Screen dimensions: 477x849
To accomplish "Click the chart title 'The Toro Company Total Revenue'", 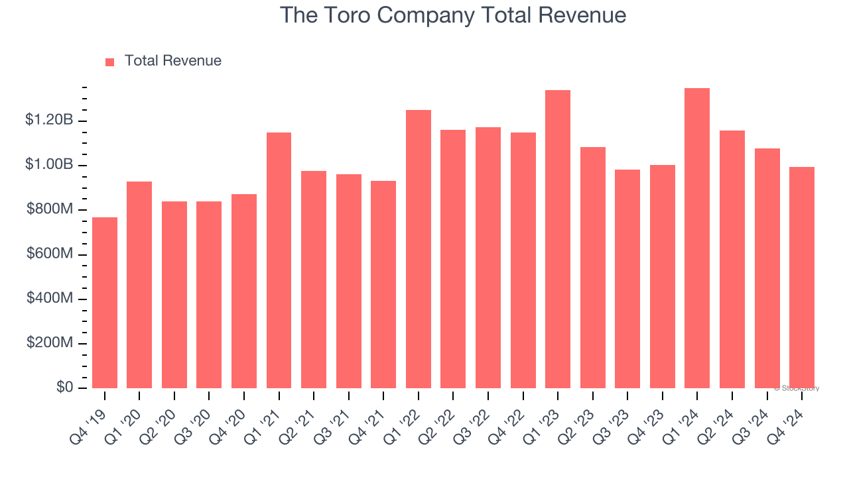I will click(x=453, y=15).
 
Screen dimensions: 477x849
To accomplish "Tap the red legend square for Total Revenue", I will click(x=110, y=62).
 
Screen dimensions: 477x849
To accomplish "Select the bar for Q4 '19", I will click(x=105, y=303).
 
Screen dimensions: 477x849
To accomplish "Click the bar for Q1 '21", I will click(x=279, y=260).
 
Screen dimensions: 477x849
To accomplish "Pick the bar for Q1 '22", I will click(x=418, y=249).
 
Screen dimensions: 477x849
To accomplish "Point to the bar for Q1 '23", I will click(x=557, y=239).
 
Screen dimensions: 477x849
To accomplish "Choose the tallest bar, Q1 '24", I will click(x=696, y=238).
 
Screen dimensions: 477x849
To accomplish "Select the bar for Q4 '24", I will click(x=801, y=278).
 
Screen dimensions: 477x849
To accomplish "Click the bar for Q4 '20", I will click(x=244, y=291).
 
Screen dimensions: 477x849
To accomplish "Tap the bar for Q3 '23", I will click(x=627, y=279).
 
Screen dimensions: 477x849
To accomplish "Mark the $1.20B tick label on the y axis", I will click(x=49, y=120).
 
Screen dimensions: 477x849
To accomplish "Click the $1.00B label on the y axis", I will click(x=49, y=164).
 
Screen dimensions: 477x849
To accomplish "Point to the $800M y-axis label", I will click(x=50, y=209).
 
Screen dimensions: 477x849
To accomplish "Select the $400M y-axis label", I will click(x=50, y=298).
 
